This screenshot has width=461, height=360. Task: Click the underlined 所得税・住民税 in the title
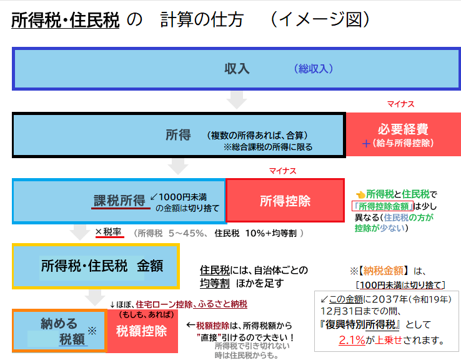coord(65,21)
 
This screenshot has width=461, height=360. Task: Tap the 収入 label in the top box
coord(237,69)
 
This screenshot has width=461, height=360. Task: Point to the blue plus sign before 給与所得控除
coord(366,143)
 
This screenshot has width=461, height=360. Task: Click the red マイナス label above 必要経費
coord(400,104)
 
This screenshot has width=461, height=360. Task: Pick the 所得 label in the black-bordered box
coord(178,134)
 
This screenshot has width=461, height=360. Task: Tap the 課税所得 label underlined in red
coord(119,200)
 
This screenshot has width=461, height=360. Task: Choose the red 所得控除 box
coord(285,201)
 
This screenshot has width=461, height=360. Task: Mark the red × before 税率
coord(98,232)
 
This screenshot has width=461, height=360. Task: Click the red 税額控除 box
coord(142,331)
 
